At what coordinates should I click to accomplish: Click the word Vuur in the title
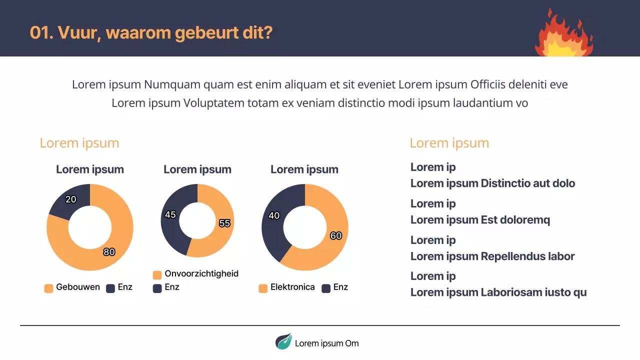click(x=75, y=33)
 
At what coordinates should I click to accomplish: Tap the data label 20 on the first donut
click(x=71, y=199)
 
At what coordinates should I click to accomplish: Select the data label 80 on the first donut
click(x=109, y=252)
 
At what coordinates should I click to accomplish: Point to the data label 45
click(x=170, y=214)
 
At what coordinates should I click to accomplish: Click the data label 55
click(x=224, y=223)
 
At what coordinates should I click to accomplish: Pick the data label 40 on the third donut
click(x=274, y=216)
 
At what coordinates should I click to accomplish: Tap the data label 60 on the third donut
click(x=336, y=235)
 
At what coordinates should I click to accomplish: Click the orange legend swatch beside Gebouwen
click(x=48, y=288)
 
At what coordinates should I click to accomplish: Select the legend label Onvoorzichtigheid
click(x=201, y=273)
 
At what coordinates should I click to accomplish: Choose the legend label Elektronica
click(x=292, y=287)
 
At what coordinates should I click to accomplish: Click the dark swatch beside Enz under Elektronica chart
click(x=326, y=288)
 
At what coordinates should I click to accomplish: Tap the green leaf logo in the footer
click(x=283, y=341)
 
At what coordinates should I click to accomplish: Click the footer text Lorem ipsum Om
click(x=326, y=343)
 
